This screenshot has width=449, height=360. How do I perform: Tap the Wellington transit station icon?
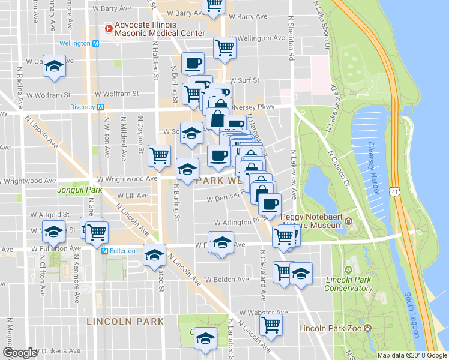click(95, 44)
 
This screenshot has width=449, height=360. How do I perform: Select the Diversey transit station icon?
click(101, 107)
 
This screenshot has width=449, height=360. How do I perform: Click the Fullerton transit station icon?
click(104, 251)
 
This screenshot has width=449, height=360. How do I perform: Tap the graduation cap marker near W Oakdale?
click(54, 67)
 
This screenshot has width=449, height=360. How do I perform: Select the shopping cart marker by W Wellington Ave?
click(224, 47)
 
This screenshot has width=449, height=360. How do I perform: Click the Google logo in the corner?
click(20, 353)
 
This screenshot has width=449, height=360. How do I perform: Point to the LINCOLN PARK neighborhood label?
click(125, 322)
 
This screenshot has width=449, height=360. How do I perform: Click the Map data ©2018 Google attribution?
click(412, 355)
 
